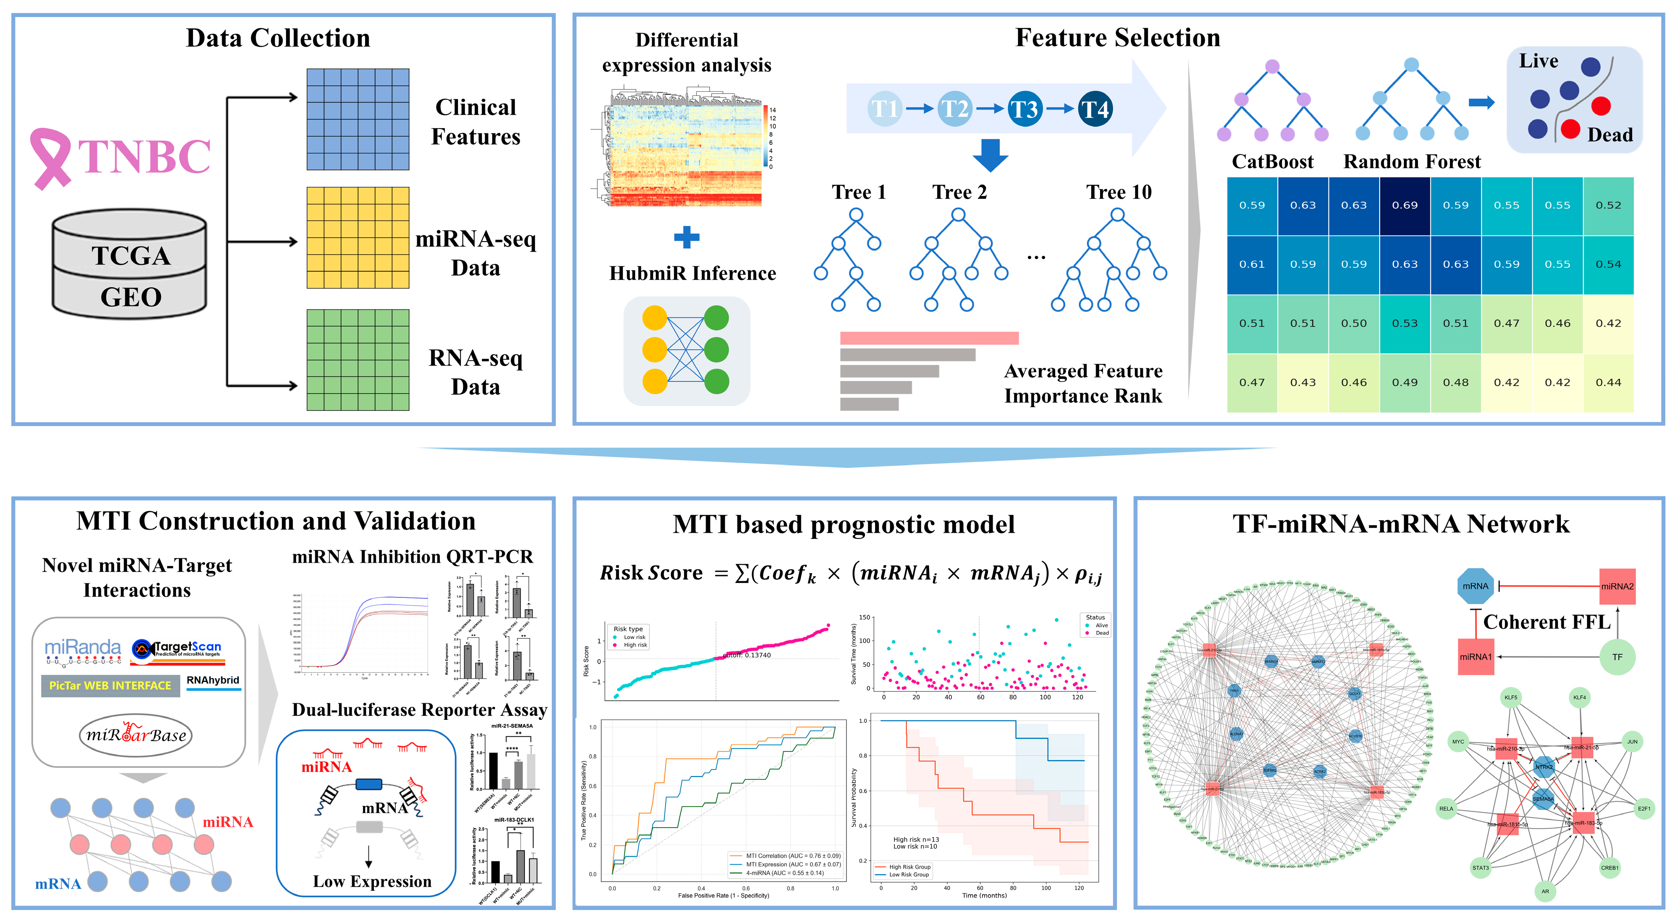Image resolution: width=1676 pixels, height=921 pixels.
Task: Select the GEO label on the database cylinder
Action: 131,297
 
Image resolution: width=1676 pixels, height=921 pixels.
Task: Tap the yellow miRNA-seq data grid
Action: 358,238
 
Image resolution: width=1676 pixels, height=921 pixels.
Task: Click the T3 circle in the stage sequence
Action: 1024,109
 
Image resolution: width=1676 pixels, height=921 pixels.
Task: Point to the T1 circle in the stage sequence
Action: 885,109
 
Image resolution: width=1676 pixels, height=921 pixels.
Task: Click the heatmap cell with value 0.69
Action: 1405,205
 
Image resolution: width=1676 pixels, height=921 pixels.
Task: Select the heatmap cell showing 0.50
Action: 1354,324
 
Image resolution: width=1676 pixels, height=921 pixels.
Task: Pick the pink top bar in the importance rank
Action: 929,338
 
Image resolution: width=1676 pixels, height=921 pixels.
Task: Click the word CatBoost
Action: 1273,162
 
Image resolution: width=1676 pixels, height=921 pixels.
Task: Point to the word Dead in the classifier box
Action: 1610,135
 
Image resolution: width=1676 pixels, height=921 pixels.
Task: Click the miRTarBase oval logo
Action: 136,735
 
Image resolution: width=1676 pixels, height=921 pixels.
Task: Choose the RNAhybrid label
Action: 213,680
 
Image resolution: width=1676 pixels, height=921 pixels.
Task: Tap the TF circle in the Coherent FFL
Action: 1617,657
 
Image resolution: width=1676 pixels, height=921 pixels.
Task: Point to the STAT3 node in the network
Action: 1480,868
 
